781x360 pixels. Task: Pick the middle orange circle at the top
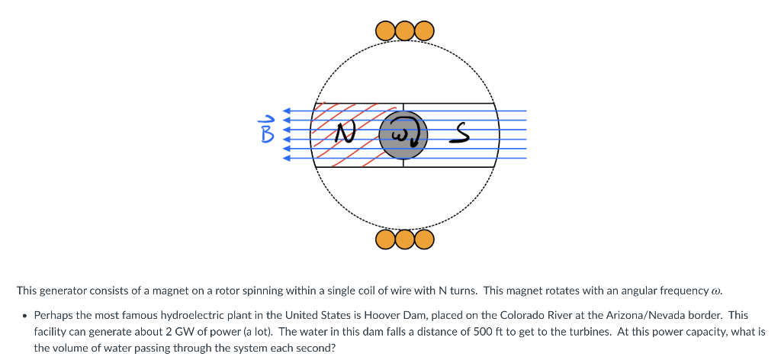[404, 31]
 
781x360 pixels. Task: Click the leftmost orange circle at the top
[386, 31]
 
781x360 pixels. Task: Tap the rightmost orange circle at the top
[423, 31]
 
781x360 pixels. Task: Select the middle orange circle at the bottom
[404, 240]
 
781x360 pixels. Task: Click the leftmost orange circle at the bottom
[386, 240]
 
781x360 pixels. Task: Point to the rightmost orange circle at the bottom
[423, 240]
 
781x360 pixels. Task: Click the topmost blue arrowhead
[288, 111]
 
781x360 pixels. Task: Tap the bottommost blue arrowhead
[288, 159]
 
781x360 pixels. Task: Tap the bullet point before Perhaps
[24, 315]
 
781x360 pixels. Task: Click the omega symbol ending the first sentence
[715, 291]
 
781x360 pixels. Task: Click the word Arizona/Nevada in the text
[643, 315]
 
